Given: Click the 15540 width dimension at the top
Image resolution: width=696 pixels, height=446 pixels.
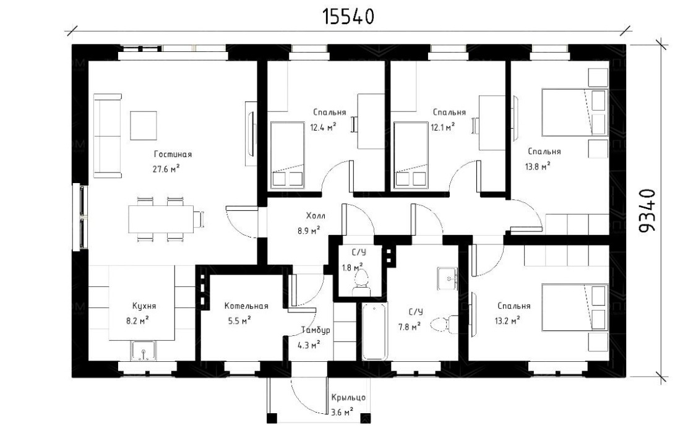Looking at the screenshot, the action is pyautogui.click(x=348, y=17).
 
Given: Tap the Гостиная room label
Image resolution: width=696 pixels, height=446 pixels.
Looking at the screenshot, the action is pyautogui.click(x=173, y=155).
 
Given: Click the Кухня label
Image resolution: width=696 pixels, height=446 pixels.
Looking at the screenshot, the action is pyautogui.click(x=144, y=306).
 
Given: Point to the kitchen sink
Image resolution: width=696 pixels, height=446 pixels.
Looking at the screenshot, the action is pyautogui.click(x=144, y=350).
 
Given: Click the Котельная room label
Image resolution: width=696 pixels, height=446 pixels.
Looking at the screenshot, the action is pyautogui.click(x=246, y=306).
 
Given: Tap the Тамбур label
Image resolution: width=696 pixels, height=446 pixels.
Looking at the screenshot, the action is pyautogui.click(x=316, y=330).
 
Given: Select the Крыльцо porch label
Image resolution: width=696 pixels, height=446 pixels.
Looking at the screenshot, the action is pyautogui.click(x=348, y=398).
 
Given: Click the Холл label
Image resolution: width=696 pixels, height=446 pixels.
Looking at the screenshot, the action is pyautogui.click(x=316, y=216).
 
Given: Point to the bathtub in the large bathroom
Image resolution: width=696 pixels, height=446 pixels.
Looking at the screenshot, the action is pyautogui.click(x=374, y=331).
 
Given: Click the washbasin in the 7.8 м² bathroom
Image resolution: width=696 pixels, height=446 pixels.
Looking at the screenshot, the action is pyautogui.click(x=448, y=278).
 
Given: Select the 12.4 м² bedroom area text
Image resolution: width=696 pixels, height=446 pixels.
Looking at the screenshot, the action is pyautogui.click(x=323, y=128).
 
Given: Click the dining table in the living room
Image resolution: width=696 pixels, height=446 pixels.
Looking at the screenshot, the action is pyautogui.click(x=161, y=219).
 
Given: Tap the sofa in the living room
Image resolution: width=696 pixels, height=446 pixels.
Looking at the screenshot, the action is pyautogui.click(x=108, y=135).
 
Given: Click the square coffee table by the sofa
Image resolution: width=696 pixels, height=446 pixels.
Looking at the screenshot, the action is pyautogui.click(x=144, y=125).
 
